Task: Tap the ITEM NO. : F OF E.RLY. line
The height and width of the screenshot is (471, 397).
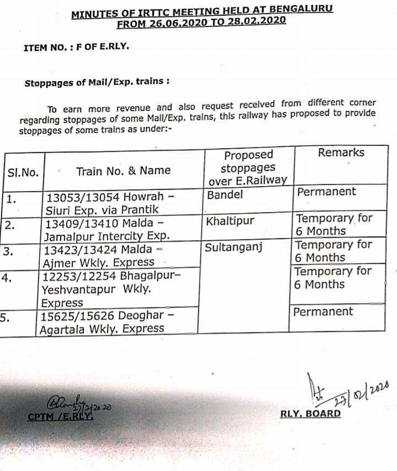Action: coord(76,47)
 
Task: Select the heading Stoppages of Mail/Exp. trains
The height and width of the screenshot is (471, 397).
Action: coord(96,82)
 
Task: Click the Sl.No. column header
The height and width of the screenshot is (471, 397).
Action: coord(23,172)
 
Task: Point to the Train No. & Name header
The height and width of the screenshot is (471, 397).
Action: coord(123,171)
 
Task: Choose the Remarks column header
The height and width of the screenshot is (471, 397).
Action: coord(341,152)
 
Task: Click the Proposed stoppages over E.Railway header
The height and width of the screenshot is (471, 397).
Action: coord(249,167)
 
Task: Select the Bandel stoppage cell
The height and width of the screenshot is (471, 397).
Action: coord(224,195)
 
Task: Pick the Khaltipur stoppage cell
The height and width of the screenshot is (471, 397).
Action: coord(230,221)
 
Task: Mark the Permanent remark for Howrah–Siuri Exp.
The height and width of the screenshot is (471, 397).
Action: coord(326,192)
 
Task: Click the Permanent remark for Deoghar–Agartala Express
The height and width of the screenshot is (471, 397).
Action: coord(323,311)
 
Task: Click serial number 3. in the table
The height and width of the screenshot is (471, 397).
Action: coord(7,251)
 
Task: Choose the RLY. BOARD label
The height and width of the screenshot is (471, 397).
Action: coord(310,413)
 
